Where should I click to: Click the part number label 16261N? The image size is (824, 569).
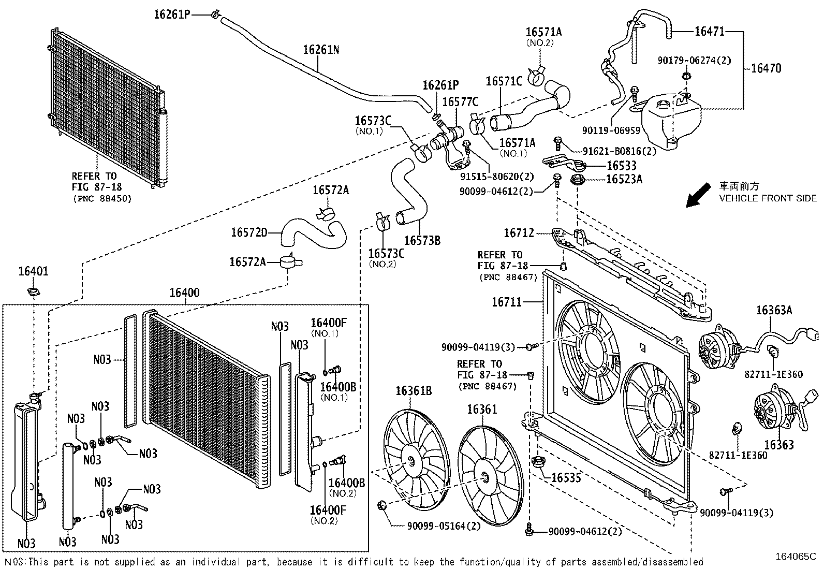(x=321, y=50)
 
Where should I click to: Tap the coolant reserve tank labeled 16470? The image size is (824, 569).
(x=671, y=121)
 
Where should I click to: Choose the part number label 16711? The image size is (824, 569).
(x=507, y=302)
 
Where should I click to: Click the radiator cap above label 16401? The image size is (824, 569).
(x=33, y=293)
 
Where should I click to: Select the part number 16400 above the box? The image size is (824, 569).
(x=184, y=293)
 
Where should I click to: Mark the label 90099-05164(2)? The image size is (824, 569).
(x=444, y=526)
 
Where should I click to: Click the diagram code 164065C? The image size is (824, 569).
(x=794, y=557)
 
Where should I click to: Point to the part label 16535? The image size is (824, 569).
(x=566, y=477)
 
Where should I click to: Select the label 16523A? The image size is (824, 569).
(x=624, y=179)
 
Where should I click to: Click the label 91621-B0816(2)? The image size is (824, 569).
(x=619, y=151)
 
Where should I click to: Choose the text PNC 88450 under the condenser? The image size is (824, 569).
(x=102, y=198)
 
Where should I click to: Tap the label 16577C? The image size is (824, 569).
(x=460, y=102)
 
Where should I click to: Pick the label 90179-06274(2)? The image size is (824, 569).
(x=695, y=61)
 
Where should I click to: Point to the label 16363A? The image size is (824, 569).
(x=774, y=310)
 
